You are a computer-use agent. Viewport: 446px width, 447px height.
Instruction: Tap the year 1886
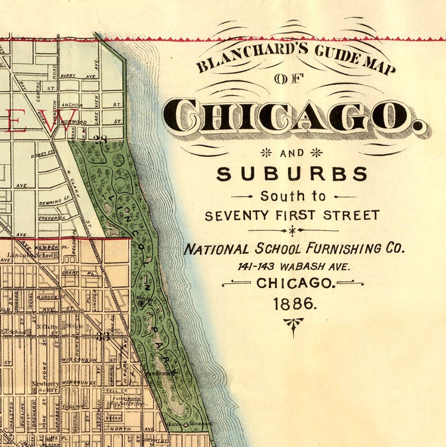293,303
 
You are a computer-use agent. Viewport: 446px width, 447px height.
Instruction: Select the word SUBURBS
292,174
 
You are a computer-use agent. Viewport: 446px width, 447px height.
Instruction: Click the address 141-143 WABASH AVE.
294,266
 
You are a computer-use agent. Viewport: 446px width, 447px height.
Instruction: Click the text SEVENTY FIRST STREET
292,215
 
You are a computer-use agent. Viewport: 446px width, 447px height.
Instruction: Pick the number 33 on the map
105,336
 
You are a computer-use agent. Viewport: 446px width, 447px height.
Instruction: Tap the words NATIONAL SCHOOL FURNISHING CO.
294,248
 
